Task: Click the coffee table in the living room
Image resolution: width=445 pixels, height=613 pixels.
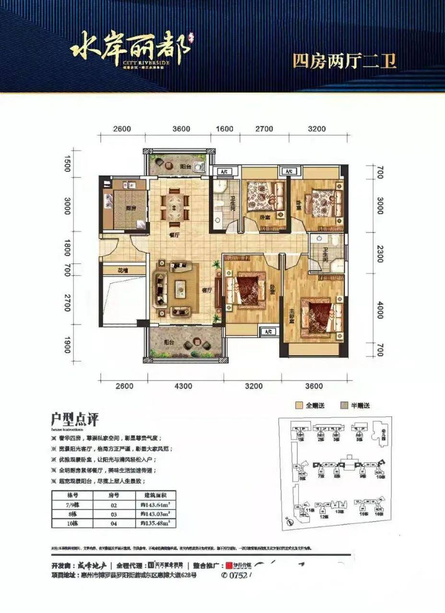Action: [180, 289]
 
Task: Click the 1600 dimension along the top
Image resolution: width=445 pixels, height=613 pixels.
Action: [224, 129]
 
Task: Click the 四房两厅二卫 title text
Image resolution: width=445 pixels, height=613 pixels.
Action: [344, 61]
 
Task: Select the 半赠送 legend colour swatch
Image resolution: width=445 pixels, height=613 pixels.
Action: [343, 405]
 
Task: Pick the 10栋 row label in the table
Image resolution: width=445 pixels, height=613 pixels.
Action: [72, 523]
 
